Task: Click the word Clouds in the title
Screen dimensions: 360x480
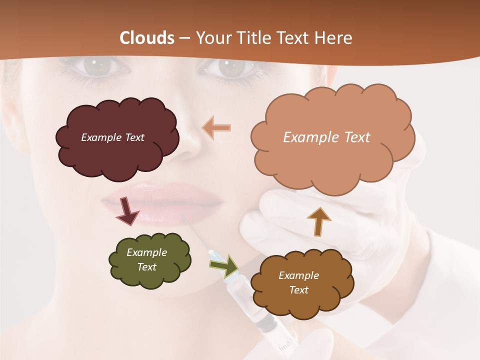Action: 147,38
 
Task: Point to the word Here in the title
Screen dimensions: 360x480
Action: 334,38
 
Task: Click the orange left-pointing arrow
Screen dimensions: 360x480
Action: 216,128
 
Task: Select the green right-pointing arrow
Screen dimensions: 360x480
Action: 224,266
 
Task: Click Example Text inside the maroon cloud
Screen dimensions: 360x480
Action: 112,137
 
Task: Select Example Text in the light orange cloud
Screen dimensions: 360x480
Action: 326,137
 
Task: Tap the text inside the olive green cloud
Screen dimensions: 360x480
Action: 146,259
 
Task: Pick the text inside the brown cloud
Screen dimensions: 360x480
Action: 298,282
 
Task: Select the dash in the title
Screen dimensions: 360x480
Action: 184,38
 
